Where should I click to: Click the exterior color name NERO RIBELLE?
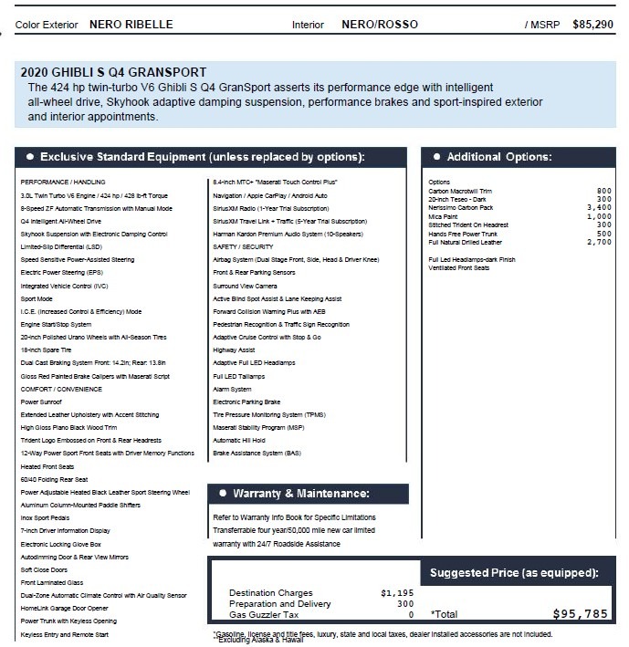131,25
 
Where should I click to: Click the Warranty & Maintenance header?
301,494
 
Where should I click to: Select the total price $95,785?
580,614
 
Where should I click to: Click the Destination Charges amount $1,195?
397,592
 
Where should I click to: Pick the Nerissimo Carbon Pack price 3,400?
599,208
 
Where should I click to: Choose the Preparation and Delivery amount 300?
404,603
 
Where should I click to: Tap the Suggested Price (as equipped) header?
514,572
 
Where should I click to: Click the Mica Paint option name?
444,216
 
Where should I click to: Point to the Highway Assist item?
234,350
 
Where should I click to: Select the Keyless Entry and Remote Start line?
66,633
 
